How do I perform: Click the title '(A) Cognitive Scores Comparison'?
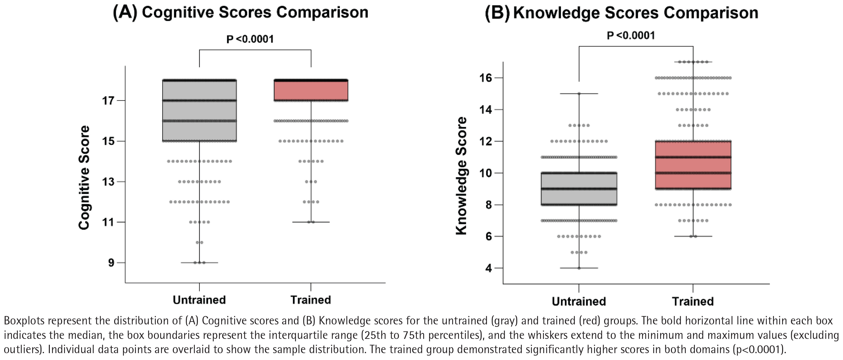241,13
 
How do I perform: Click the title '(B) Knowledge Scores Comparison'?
621,13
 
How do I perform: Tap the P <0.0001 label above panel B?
631,35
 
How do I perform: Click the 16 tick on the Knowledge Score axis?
486,78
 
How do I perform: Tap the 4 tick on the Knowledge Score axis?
489,268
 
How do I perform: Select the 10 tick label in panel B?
486,173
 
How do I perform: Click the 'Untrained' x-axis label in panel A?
199,300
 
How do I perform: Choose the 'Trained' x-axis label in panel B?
693,301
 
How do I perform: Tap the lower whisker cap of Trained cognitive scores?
311,222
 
